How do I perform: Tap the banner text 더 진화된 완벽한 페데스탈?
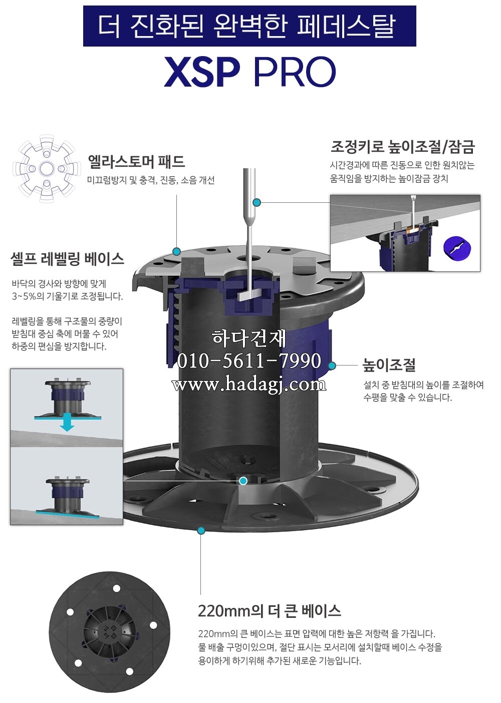point(249,26)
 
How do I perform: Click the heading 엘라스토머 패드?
point(136,161)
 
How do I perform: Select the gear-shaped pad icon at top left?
point(46,169)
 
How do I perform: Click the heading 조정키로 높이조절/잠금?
point(402,147)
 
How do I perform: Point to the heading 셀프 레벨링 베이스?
point(67,259)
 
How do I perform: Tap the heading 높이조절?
point(389,366)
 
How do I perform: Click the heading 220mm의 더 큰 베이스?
point(269,611)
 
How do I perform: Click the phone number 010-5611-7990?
point(249,361)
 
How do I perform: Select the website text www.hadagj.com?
point(249,384)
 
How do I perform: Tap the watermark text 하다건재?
point(249,338)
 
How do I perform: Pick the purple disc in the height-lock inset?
point(457,248)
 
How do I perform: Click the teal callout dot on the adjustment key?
point(257,202)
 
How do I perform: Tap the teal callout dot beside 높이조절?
point(332,366)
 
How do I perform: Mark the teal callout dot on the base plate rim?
point(201,530)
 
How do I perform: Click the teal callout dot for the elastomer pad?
point(176,251)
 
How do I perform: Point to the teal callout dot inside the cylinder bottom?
point(243,481)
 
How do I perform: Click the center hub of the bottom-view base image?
point(110,631)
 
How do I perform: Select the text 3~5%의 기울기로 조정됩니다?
point(67,296)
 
